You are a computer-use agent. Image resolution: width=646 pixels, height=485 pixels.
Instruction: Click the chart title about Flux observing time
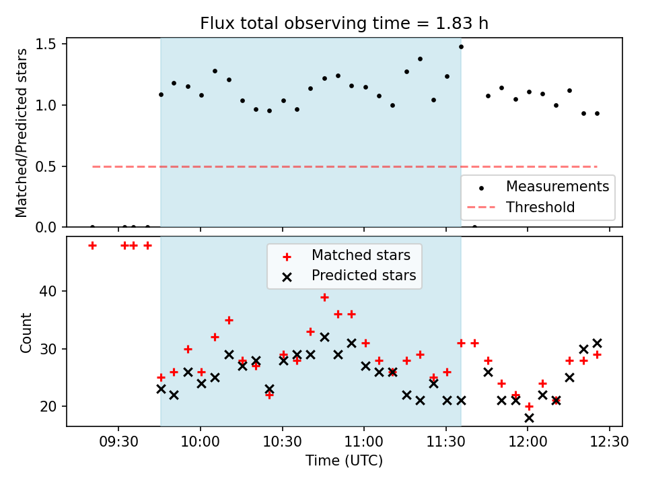tap(344, 24)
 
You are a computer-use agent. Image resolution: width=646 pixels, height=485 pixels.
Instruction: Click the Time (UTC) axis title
tap(344, 461)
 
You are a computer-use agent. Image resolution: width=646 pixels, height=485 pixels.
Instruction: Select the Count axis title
tap(26, 332)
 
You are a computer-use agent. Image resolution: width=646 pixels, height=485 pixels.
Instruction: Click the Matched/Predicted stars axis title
tap(22, 133)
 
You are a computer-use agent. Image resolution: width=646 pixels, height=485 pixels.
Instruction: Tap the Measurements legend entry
tap(557, 186)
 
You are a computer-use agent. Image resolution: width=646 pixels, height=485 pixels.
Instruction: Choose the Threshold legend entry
tap(540, 207)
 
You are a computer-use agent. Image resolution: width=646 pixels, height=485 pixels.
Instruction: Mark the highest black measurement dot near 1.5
tap(461, 46)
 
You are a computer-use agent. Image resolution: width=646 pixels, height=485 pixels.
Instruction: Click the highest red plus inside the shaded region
tap(324, 297)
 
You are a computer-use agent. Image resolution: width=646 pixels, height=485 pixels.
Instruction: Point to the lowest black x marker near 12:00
tap(529, 418)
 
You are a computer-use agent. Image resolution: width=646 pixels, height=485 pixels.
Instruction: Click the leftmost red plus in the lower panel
tap(92, 245)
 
